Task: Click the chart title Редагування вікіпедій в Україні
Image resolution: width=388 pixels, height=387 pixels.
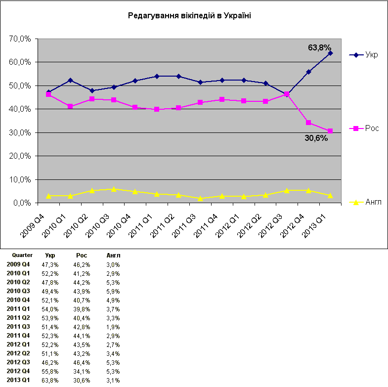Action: (x=189, y=16)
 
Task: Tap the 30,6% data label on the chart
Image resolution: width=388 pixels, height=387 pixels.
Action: (x=316, y=138)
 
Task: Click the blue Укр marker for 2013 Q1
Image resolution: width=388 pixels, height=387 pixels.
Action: (x=330, y=53)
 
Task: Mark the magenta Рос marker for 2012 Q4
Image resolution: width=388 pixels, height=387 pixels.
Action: (x=308, y=123)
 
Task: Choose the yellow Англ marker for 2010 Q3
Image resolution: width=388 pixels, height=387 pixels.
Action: (x=114, y=189)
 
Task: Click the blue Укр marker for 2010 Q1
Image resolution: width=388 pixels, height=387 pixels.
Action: (x=70, y=80)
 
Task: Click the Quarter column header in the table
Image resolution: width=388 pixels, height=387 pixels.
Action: (x=22, y=256)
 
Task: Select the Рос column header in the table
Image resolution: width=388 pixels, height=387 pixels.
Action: (x=82, y=256)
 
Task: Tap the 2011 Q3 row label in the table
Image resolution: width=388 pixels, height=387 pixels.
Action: (x=18, y=327)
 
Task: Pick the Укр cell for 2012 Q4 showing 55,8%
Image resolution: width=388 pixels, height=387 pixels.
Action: (x=50, y=371)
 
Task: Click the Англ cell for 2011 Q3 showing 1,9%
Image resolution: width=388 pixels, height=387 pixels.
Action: (x=113, y=327)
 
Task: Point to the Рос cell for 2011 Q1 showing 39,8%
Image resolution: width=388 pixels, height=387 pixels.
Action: (x=82, y=309)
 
